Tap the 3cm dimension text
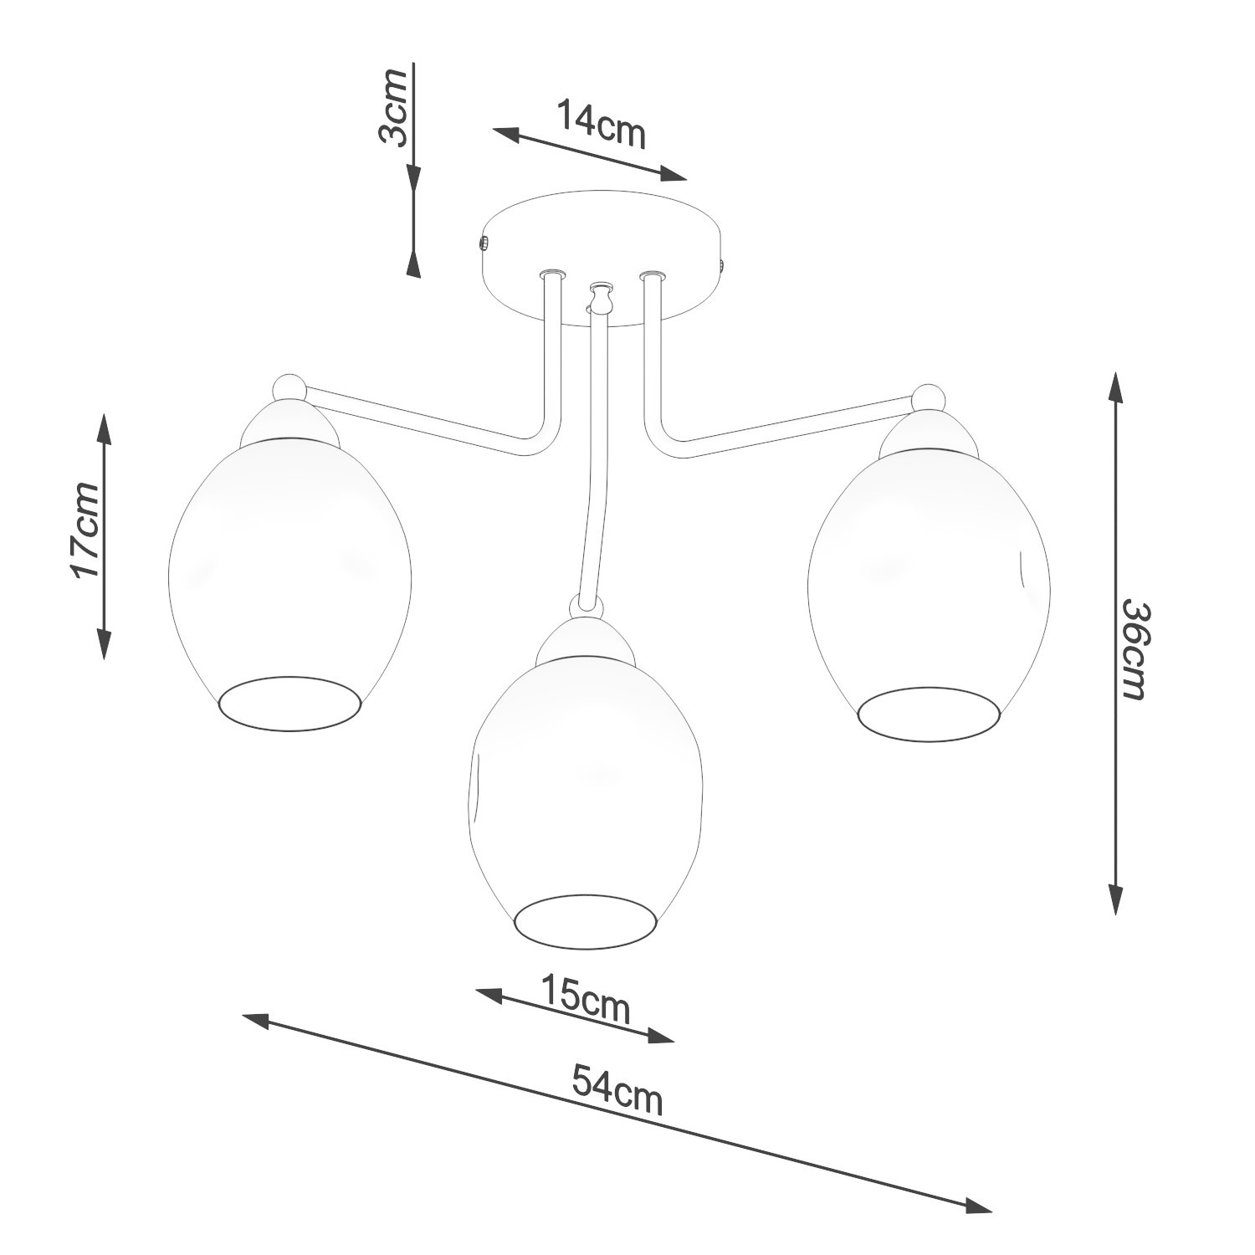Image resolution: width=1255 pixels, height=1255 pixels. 393,107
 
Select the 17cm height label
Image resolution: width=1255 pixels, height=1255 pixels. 85,530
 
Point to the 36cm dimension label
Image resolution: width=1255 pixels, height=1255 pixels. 1135,649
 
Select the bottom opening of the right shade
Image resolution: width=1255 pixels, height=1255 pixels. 929,713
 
